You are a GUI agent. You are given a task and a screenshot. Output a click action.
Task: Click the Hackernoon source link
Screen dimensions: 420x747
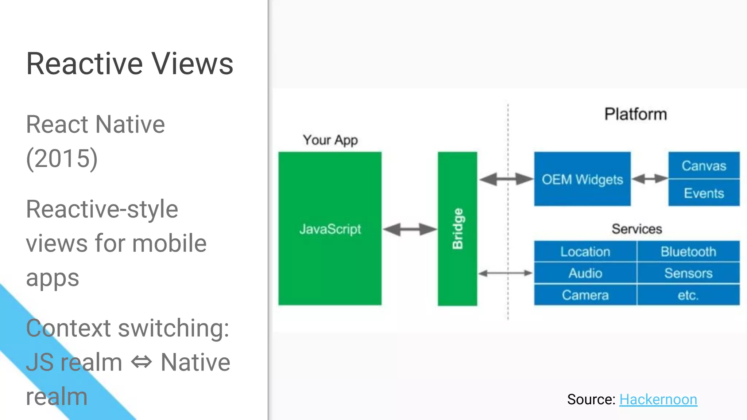(658, 400)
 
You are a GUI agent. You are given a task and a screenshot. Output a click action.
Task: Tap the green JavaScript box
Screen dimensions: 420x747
(330, 229)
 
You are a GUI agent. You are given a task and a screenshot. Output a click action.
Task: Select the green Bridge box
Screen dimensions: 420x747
(457, 229)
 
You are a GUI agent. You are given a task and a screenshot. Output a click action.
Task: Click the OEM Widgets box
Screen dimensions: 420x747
(582, 179)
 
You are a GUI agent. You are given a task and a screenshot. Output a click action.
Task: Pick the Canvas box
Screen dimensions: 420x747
(704, 166)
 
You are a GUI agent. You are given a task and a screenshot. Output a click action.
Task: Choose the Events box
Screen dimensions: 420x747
(704, 193)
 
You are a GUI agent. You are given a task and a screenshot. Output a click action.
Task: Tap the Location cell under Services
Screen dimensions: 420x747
(585, 252)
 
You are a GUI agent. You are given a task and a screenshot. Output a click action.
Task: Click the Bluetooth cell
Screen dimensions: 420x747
(688, 252)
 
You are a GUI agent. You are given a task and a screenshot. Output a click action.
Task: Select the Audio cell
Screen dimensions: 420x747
(585, 273)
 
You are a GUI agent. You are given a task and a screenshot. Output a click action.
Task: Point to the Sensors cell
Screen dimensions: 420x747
(688, 273)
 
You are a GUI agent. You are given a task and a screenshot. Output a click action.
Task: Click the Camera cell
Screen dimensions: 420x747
(585, 295)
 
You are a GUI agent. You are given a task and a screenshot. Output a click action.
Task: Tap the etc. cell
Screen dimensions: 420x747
(688, 295)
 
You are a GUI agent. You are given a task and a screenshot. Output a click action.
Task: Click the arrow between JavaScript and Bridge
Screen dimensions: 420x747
(410, 229)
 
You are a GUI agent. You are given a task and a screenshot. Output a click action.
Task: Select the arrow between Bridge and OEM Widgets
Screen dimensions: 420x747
(506, 179)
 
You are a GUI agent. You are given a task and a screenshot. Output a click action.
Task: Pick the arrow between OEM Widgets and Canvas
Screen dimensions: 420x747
(650, 179)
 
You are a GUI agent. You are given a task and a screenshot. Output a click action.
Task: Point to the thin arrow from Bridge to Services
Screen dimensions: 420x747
(505, 273)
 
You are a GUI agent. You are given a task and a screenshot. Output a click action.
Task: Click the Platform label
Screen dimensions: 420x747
(635, 114)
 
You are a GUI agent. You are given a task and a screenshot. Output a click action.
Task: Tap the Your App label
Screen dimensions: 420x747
(330, 140)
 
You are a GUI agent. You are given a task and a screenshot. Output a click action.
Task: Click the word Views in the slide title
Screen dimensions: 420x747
(192, 64)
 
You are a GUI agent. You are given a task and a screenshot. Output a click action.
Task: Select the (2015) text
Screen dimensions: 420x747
(62, 158)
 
